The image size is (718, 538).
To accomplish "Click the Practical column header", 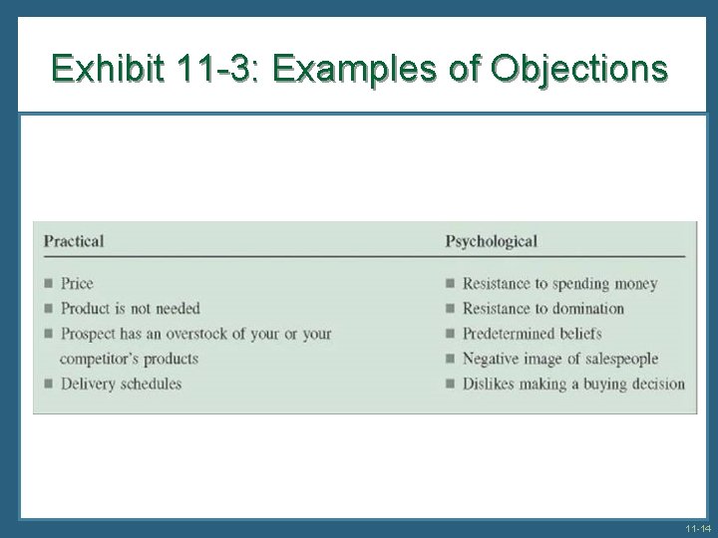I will (74, 241).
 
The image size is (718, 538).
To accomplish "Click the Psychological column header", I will (491, 241).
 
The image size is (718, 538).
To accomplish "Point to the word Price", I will (77, 284).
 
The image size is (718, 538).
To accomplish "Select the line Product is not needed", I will (130, 309).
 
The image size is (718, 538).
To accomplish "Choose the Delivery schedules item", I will (121, 384).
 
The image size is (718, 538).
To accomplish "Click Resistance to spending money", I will (559, 284).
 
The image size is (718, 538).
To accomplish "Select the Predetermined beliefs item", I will (532, 334).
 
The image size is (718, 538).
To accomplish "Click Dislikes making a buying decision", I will (573, 384).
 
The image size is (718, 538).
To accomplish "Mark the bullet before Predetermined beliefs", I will (451, 334).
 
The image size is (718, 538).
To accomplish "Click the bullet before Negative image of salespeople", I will (451, 359).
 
